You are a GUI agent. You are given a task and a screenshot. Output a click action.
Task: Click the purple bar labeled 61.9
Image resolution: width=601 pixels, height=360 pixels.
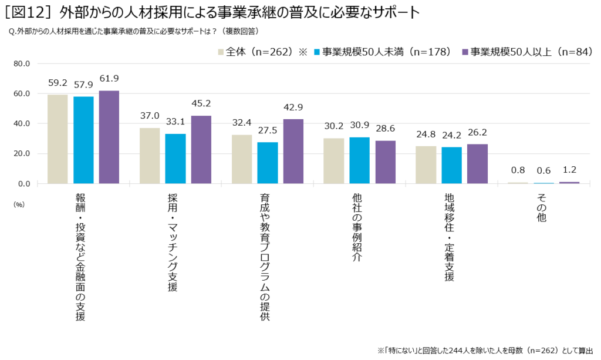coord(109,137)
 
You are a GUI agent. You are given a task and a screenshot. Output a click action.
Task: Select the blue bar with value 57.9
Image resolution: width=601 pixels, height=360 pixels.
coord(83,140)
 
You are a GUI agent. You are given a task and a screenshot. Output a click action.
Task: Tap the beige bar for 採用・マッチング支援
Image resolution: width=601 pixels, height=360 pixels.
coord(150,156)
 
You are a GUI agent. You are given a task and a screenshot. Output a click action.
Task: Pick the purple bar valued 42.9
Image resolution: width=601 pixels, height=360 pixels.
coord(293,152)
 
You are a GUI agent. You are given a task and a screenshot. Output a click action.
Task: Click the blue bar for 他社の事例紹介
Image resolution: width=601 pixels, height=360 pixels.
coord(360,160)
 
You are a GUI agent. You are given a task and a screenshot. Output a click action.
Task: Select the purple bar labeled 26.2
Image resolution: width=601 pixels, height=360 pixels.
coord(477,164)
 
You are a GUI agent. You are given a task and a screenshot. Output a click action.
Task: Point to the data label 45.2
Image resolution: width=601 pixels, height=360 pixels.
coord(201,103)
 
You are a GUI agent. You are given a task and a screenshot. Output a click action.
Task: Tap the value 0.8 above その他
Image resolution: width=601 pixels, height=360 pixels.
coord(517,170)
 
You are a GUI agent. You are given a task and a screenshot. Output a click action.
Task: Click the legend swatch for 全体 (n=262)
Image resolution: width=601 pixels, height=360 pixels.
coord(221,52)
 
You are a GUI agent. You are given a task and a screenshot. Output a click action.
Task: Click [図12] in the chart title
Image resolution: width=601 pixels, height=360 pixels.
coord(28,12)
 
